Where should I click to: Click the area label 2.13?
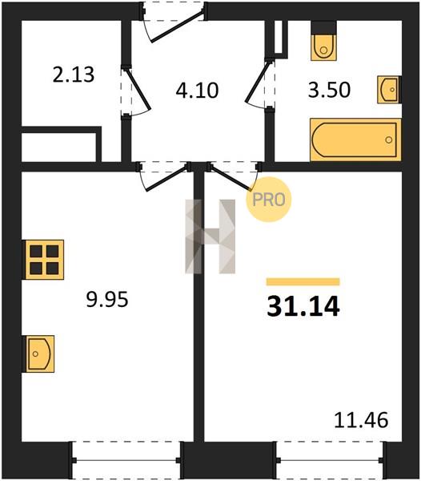(x=74, y=75)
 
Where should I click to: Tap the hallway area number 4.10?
(x=197, y=91)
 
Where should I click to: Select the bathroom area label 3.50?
(x=329, y=90)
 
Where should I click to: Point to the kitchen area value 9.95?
(x=107, y=299)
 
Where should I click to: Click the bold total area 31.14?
(x=303, y=306)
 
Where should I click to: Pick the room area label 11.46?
(x=361, y=420)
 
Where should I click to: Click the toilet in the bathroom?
(x=323, y=41)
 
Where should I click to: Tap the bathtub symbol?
(x=355, y=139)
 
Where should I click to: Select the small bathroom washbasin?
(x=389, y=90)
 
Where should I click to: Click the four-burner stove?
(x=44, y=260)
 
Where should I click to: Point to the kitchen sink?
(x=40, y=354)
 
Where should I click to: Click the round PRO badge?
(x=269, y=200)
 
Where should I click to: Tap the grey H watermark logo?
(x=210, y=236)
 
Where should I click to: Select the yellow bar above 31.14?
(x=303, y=281)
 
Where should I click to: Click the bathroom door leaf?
(x=259, y=81)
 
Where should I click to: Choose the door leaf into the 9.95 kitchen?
(x=166, y=178)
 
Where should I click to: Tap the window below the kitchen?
(x=126, y=460)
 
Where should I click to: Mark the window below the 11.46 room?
(x=330, y=460)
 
